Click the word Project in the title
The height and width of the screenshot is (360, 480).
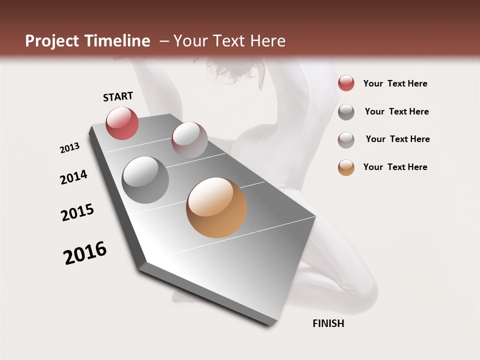tap(51, 41)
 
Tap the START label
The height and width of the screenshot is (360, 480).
tap(118, 96)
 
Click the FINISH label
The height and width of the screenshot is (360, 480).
tap(328, 323)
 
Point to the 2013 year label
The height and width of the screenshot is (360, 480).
tap(70, 148)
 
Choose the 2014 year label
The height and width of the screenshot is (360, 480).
tap(73, 177)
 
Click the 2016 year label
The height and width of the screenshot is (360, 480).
tap(85, 253)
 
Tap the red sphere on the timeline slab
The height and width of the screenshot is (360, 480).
tap(122, 123)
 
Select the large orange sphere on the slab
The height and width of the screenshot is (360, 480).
tap(216, 207)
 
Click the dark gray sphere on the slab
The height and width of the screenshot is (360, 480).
tap(145, 180)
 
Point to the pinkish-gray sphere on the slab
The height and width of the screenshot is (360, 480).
tap(189, 140)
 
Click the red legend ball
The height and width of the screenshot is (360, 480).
tap(346, 83)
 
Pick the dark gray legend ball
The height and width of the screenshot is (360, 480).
tap(346, 112)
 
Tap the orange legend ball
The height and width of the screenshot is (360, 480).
tap(346, 167)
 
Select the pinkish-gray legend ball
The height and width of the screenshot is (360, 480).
tap(346, 140)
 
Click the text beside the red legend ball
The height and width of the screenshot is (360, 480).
tap(395, 83)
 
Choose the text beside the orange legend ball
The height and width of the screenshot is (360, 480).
tap(395, 167)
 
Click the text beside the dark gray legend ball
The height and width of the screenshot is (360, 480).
tap(396, 111)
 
